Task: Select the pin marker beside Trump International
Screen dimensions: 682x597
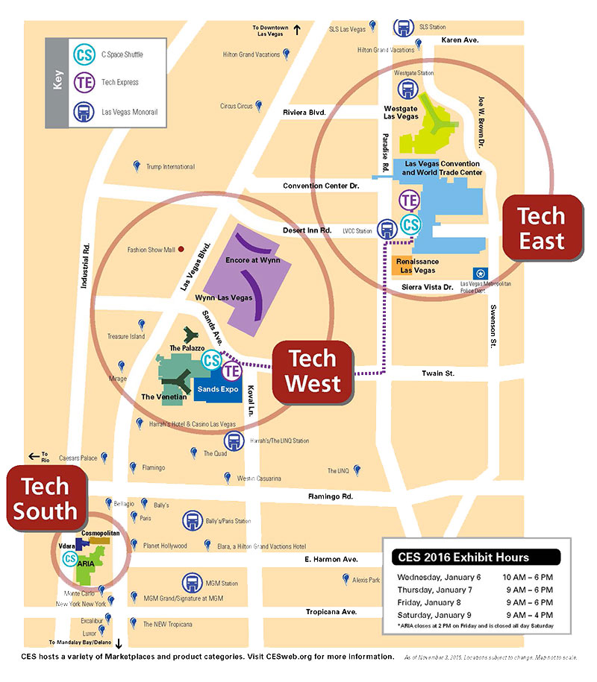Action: pyautogui.click(x=136, y=165)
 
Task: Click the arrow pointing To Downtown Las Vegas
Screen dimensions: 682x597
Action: pyautogui.click(x=296, y=30)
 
